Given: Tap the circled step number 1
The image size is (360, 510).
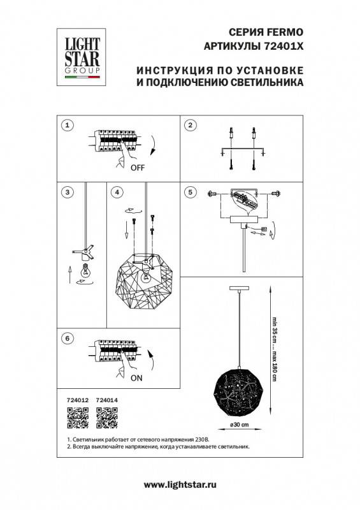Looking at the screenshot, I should tap(69, 125).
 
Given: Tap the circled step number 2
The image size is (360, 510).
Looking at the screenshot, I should tap(190, 125).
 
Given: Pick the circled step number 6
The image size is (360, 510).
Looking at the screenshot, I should tap(68, 339).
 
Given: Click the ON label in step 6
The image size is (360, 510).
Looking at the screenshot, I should tap(136, 377).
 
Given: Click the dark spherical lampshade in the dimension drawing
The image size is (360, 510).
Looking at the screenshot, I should tap(238, 384).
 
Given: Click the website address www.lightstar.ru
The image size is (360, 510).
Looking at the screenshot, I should tap(180, 485).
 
